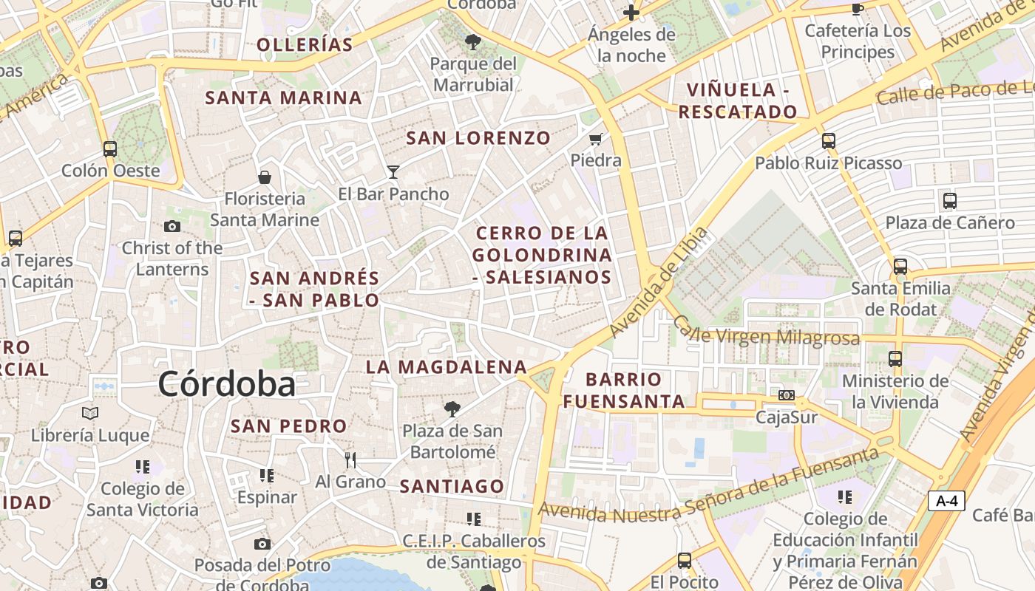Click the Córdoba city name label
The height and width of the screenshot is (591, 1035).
coord(226,384)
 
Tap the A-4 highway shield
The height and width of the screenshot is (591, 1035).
coord(946,501)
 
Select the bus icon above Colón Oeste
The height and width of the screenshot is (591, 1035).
coord(110,149)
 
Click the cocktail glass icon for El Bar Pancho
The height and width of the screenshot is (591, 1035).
coord(393,172)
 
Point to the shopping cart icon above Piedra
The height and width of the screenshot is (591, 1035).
coord(596,139)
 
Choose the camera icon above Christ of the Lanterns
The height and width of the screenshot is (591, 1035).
coord(172,226)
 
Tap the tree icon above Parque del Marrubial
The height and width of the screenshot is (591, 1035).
coord(473,41)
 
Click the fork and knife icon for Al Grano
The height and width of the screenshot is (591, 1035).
coord(350,460)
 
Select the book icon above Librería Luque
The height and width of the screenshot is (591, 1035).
coord(90,413)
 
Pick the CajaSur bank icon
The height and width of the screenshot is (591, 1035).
coord(787,395)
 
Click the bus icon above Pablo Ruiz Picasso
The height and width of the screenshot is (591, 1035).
coord(829,140)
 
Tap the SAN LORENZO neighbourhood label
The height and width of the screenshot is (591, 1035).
coord(478,138)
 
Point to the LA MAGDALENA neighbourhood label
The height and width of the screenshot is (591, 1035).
coord(447,367)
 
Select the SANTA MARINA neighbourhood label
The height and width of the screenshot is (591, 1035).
coord(283,98)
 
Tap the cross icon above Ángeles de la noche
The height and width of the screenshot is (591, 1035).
coord(631,13)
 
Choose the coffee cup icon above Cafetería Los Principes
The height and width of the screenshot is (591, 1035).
coord(858,9)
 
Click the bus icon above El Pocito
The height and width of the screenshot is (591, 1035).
coord(685,561)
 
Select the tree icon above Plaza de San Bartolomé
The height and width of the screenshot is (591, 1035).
coord(452,409)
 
